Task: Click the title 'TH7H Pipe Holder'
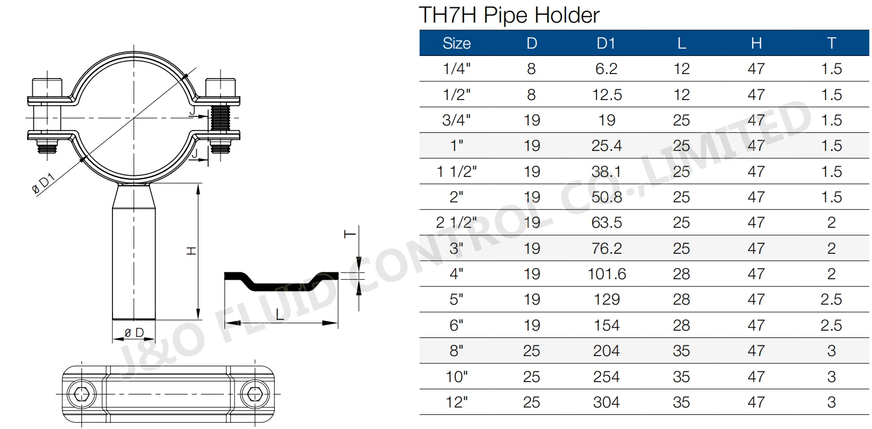[508, 15]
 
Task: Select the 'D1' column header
[606, 43]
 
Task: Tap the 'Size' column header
[456, 43]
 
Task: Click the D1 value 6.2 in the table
[606, 69]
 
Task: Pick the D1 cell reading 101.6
[606, 274]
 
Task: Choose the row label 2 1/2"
[456, 223]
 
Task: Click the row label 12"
[456, 402]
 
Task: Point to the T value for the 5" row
[831, 300]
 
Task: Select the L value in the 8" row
[681, 351]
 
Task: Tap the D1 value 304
[606, 402]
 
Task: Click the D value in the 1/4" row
[531, 69]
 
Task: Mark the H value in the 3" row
[756, 249]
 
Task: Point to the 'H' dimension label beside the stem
[192, 250]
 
